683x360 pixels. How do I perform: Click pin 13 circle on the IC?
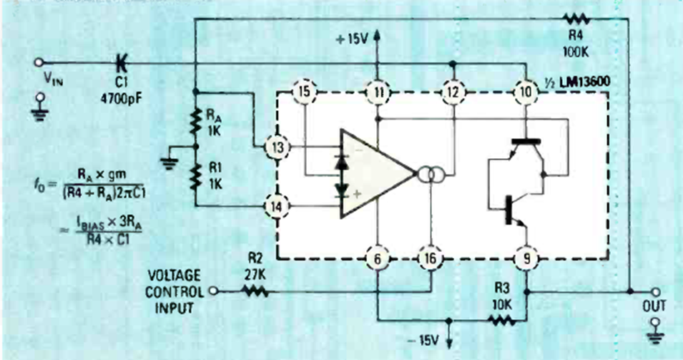[275, 148]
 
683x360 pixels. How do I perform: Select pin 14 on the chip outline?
[275, 206]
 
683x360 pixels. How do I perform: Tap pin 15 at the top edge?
[305, 92]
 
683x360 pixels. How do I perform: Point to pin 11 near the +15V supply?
[376, 92]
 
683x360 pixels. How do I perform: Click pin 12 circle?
[452, 92]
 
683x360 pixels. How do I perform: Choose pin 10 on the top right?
[526, 92]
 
